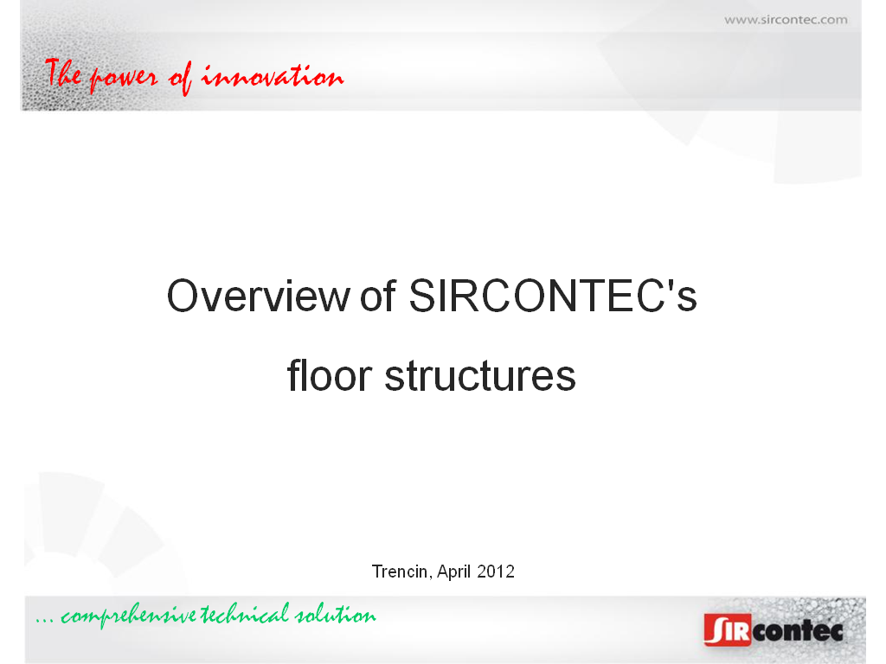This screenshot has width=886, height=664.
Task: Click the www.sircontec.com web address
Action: pos(786,20)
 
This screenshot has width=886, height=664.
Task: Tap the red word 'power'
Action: pos(123,79)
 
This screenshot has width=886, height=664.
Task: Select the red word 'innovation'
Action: pos(273,76)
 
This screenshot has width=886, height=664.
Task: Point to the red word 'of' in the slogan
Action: pos(180,77)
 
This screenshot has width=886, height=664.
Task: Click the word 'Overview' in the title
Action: pos(259,296)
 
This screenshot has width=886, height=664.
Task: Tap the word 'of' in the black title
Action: pos(377,295)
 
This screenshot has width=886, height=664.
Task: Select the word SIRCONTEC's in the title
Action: pos(553,296)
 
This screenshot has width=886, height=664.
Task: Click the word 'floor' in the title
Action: pos(330,375)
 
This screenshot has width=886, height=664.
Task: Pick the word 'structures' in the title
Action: pos(480,376)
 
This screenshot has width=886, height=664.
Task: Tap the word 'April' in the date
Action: pos(453,572)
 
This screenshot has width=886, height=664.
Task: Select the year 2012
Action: pos(496,572)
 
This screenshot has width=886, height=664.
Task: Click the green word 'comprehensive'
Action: pos(129,616)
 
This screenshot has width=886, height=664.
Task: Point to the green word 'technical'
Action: pos(245,614)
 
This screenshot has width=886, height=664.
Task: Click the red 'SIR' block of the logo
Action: pos(728,629)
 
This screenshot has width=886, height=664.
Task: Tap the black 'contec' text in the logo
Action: pos(798,630)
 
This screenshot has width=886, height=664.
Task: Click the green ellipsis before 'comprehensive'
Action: pos(45,622)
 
